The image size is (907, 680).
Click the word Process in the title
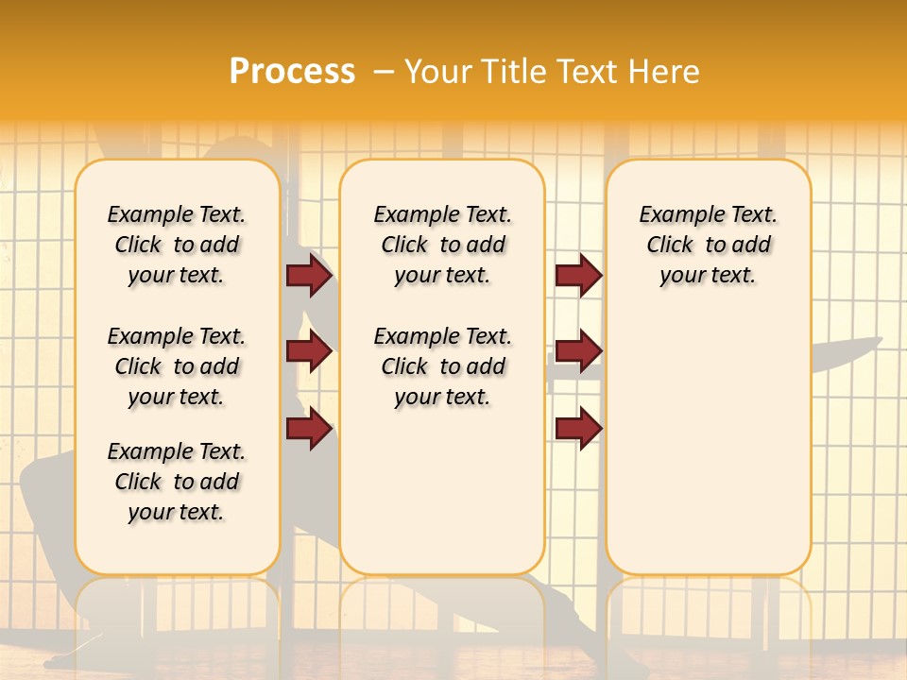[x=292, y=72]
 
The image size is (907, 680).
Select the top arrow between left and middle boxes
[x=309, y=276]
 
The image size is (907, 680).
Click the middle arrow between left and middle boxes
[x=309, y=352]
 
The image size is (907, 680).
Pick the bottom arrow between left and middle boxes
[x=309, y=429]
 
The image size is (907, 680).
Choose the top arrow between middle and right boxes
[x=578, y=276]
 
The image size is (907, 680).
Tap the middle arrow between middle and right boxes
[x=578, y=352]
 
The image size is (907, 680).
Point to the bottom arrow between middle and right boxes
[x=578, y=429]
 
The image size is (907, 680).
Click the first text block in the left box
[x=177, y=245]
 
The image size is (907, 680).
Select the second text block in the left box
[x=177, y=366]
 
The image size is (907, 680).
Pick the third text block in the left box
[x=177, y=482]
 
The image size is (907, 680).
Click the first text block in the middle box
[x=442, y=245]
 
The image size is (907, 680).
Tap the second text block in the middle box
[x=442, y=366]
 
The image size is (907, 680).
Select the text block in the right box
[x=709, y=245]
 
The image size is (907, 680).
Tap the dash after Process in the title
[x=384, y=72]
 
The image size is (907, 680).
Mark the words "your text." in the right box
[x=709, y=276]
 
